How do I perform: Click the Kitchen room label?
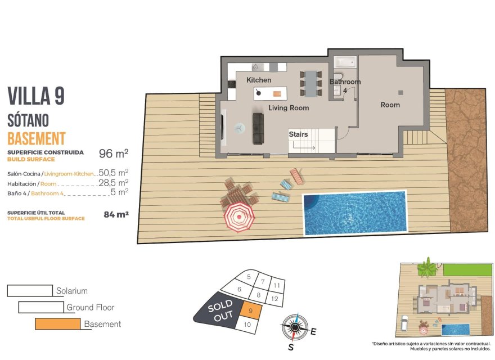259,80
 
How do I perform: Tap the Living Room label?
288,107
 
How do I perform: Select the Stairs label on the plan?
298,134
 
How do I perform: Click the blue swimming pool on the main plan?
354,213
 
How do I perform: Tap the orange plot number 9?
250,308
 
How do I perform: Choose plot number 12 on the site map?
274,299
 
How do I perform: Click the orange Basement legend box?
57,324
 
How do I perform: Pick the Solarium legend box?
30,291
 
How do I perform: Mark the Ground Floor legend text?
90,307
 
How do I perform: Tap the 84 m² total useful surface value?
116,214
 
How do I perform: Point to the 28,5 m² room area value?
114,182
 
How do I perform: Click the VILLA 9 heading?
36,96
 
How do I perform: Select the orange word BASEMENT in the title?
37,138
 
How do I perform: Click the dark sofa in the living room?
258,128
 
